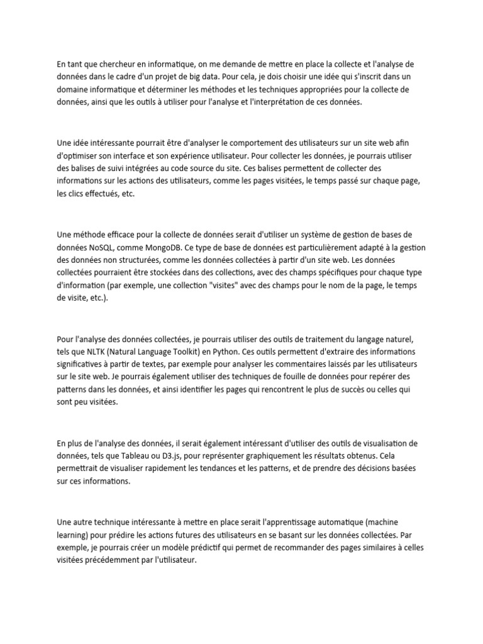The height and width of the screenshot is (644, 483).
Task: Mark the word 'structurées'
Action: click(x=158, y=260)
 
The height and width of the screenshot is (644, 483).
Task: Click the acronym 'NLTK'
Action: click(x=102, y=351)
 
